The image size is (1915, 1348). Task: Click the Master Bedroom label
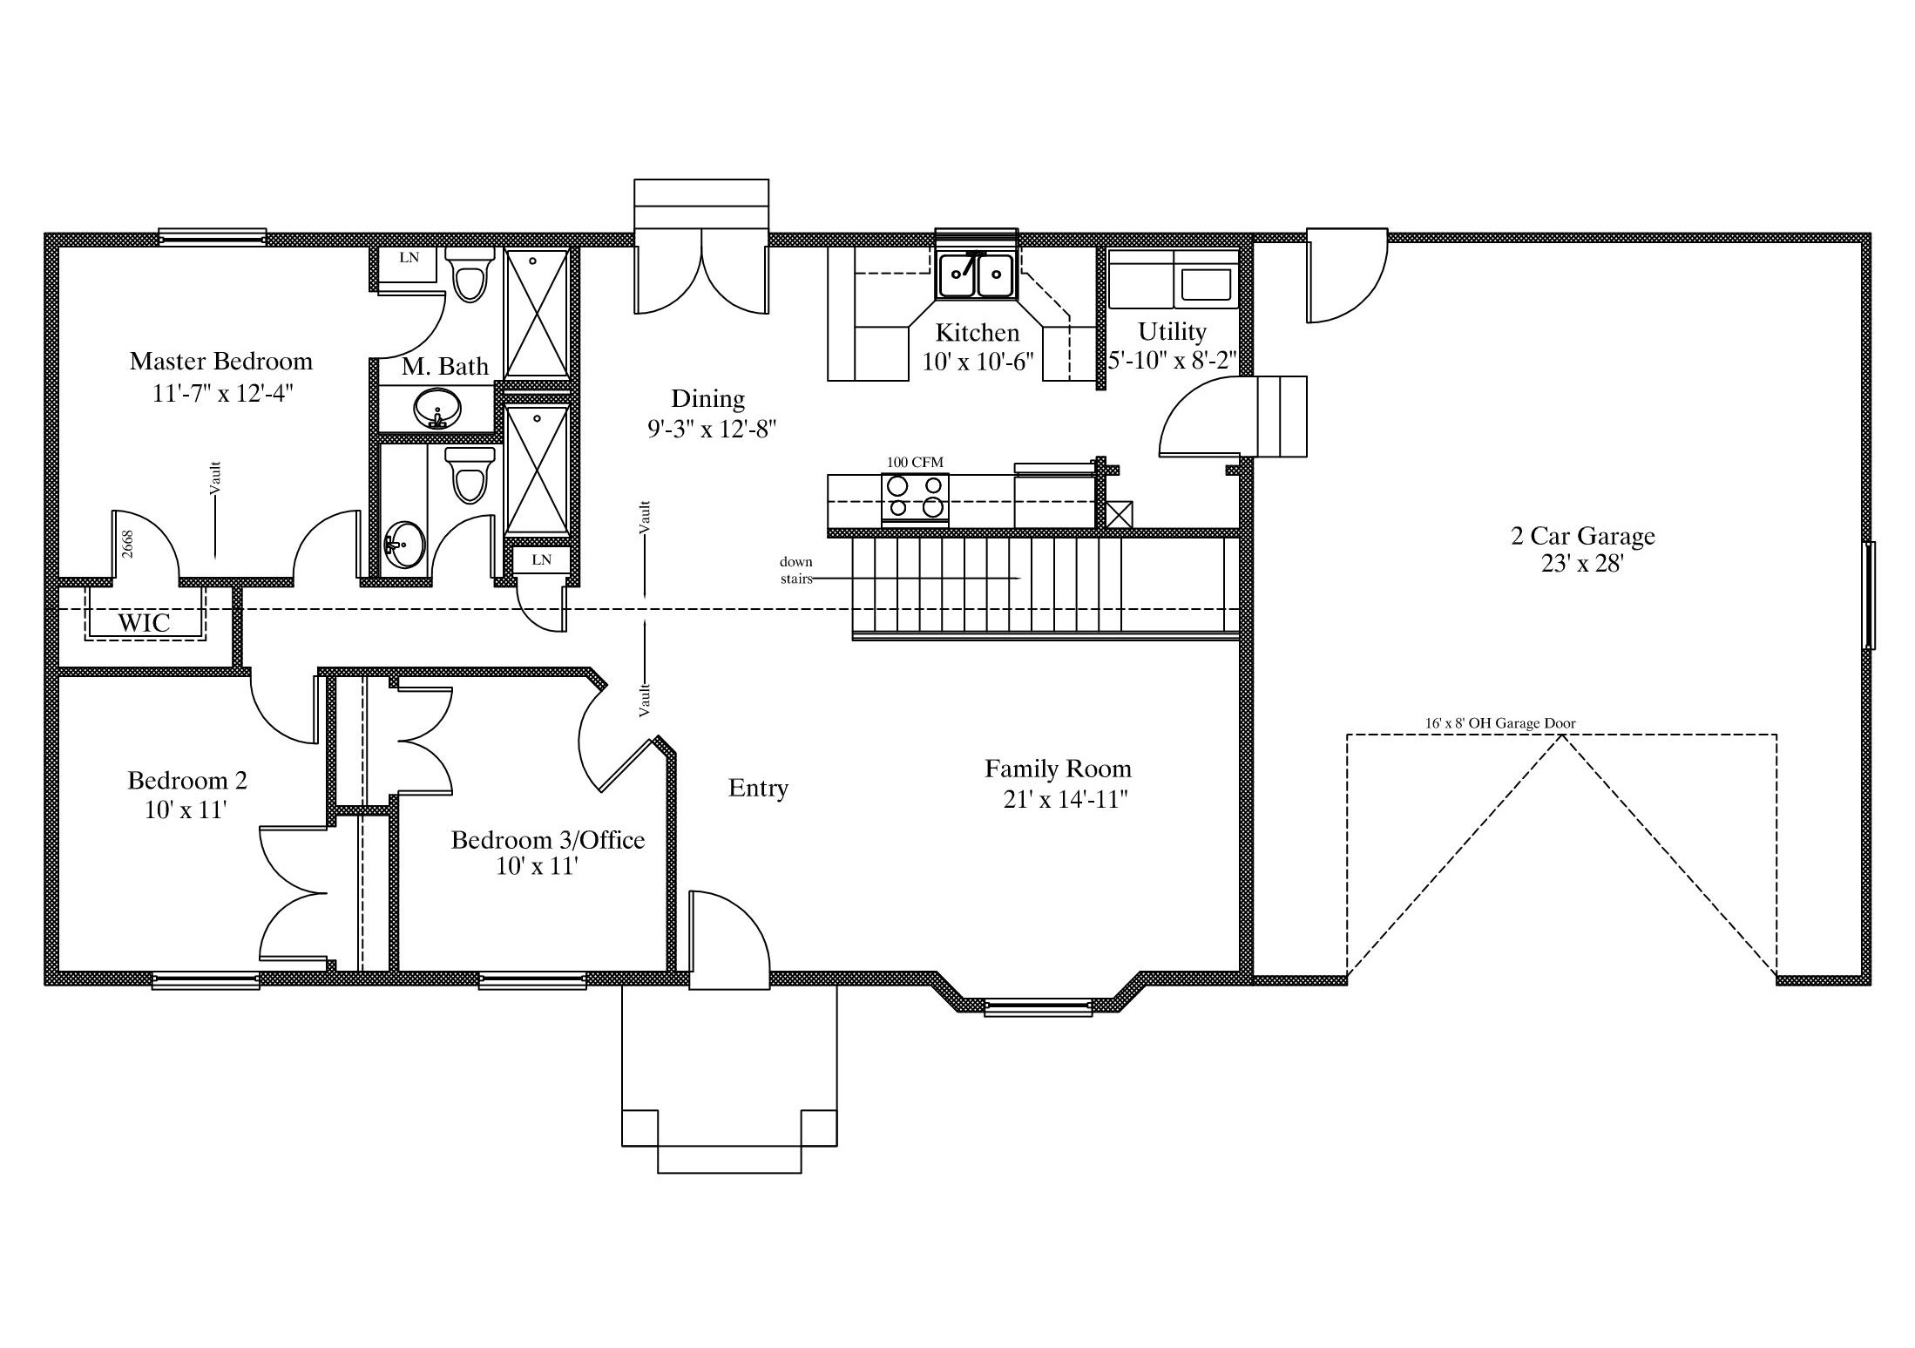click(220, 361)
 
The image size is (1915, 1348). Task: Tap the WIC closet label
click(145, 623)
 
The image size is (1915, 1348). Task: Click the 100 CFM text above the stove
click(915, 463)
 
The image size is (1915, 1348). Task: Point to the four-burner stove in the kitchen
click(915, 498)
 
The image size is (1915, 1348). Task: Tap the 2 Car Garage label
click(1583, 536)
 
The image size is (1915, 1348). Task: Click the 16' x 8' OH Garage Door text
click(1500, 723)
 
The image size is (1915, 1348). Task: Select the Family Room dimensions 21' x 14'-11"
click(1066, 799)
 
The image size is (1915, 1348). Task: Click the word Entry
click(758, 789)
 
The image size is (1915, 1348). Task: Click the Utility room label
click(1172, 331)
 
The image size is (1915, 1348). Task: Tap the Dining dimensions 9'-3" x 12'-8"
click(711, 429)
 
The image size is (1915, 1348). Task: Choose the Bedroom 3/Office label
click(548, 840)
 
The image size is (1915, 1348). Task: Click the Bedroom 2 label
click(187, 780)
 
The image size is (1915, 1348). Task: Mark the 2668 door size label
click(127, 544)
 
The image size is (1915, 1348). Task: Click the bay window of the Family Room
click(1038, 1007)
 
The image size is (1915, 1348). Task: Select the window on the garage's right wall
click(1868, 595)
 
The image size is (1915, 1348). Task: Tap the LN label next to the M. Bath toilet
click(409, 258)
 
